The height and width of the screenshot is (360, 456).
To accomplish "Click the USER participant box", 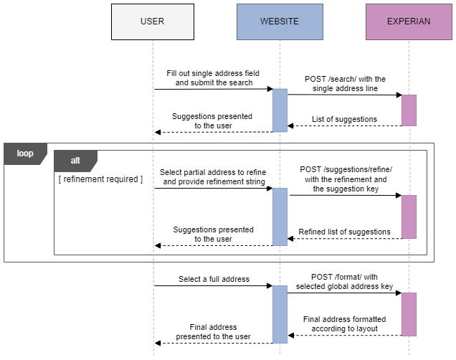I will coord(152,22).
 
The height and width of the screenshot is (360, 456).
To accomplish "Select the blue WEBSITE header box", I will coord(280,22).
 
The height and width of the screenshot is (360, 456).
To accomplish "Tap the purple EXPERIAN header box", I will coord(409,22).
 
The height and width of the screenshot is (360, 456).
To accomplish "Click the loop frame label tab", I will coord(25,153).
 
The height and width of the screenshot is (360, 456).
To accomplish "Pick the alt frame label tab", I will coord(75,161).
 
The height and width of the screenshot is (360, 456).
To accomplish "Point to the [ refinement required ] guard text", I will coord(100,179).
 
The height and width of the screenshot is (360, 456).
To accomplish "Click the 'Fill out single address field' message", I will coord(213,78).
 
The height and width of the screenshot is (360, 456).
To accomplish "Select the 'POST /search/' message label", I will coord(344,83).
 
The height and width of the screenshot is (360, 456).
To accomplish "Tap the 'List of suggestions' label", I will coord(344,119).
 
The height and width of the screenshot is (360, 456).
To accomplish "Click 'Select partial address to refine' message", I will coord(213,177).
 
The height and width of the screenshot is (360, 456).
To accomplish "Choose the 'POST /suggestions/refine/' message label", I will coord(346,179).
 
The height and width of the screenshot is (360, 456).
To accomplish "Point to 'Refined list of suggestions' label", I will coord(344,232).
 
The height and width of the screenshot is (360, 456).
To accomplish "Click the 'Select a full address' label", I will coord(214,279).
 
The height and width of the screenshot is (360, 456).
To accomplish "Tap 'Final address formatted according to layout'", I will coord(344,324).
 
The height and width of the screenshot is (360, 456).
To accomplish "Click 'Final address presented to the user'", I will coord(214,331).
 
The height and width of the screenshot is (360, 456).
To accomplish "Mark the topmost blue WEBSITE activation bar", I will coord(280,110).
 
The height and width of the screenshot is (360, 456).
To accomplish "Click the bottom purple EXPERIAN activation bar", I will coord(409,314).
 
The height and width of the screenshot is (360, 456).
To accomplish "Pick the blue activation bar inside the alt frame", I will coord(280,217).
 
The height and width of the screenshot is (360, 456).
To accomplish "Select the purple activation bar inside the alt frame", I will coord(409,217).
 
